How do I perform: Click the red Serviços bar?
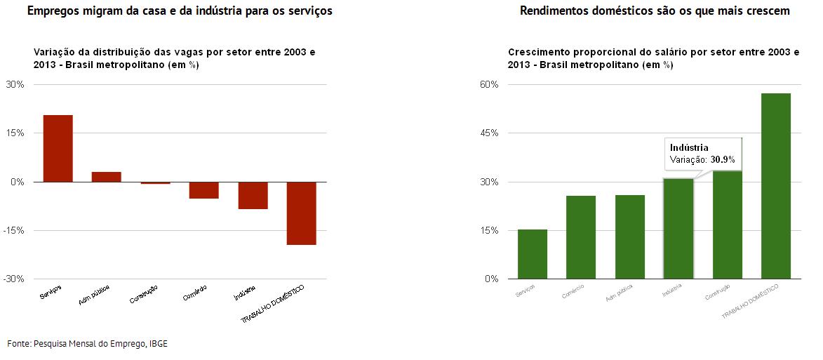click(58, 148)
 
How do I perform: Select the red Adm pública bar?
click(107, 177)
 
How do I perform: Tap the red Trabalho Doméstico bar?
click(302, 213)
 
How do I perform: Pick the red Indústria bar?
click(253, 195)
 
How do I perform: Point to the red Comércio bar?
click(204, 189)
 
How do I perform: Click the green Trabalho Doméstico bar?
click(775, 186)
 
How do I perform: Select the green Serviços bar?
click(532, 254)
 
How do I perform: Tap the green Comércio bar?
click(580, 237)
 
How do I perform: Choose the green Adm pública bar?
click(629, 236)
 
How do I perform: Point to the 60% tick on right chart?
click(489, 85)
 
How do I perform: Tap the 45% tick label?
click(489, 133)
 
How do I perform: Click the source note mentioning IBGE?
click(88, 343)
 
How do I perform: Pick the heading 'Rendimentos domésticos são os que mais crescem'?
click(655, 11)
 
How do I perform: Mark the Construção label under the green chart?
click(718, 294)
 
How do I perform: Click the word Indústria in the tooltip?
click(689, 147)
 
